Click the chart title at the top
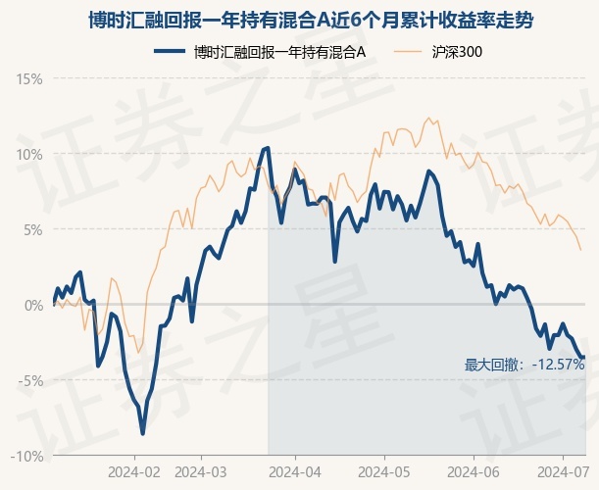[x=311, y=21]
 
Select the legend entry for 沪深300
[x=439, y=52]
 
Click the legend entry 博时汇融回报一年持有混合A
[x=260, y=52]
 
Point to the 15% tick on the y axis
[x=29, y=79]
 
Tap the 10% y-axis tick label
[x=29, y=155]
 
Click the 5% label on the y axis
[x=33, y=230]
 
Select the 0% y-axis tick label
[x=33, y=306]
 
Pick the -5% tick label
[x=30, y=381]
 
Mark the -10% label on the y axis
[x=26, y=457]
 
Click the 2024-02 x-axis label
[x=134, y=472]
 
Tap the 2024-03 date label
[x=201, y=472]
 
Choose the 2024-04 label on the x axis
[x=295, y=472]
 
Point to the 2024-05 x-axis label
[x=384, y=472]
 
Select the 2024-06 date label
[x=474, y=472]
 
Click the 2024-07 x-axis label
[x=564, y=472]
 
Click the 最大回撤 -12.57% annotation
[x=524, y=365]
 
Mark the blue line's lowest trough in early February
[x=143, y=434]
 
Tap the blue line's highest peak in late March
[x=268, y=147]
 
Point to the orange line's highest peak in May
[x=428, y=118]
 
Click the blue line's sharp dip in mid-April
[x=335, y=262]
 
